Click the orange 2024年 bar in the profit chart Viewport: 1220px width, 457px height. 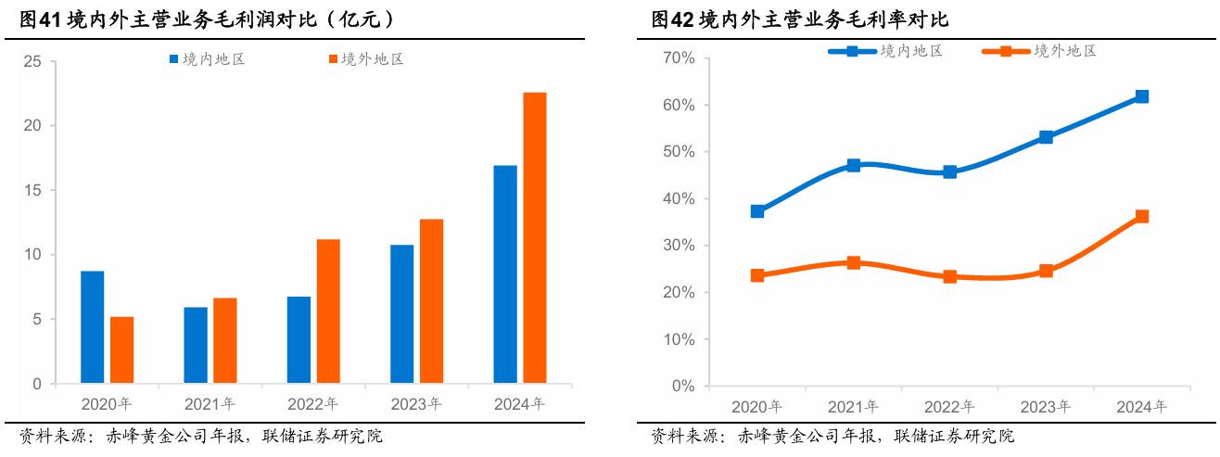(x=535, y=237)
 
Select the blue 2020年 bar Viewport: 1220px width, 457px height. (x=92, y=326)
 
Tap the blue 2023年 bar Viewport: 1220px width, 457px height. (x=401, y=313)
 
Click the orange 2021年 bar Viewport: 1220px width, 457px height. (x=225, y=340)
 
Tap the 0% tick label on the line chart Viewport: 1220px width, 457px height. (x=682, y=386)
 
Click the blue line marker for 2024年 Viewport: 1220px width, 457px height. (x=1141, y=96)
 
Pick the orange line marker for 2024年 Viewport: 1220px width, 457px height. (x=1141, y=216)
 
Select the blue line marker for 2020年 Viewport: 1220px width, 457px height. (x=757, y=211)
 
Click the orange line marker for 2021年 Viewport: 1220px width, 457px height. (x=854, y=262)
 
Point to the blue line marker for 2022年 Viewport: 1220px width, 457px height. (x=949, y=171)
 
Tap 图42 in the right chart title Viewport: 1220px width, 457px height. (x=672, y=19)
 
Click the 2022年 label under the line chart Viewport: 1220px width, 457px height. (x=948, y=407)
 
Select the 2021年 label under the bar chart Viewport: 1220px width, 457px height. (x=210, y=404)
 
